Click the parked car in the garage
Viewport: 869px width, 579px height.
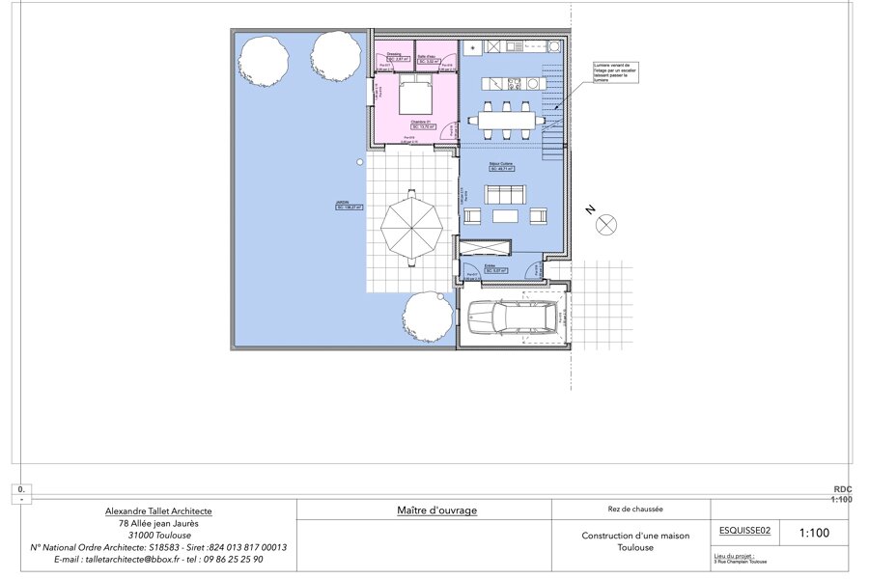click(x=512, y=318)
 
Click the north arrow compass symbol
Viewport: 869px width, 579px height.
click(x=605, y=226)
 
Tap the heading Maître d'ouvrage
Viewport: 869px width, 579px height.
click(x=436, y=510)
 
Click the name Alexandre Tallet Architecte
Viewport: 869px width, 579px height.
click(x=158, y=510)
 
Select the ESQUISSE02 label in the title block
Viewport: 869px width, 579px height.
click(x=746, y=530)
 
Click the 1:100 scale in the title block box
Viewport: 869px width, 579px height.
click(x=814, y=532)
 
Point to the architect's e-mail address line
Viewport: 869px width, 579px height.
click(x=158, y=559)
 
